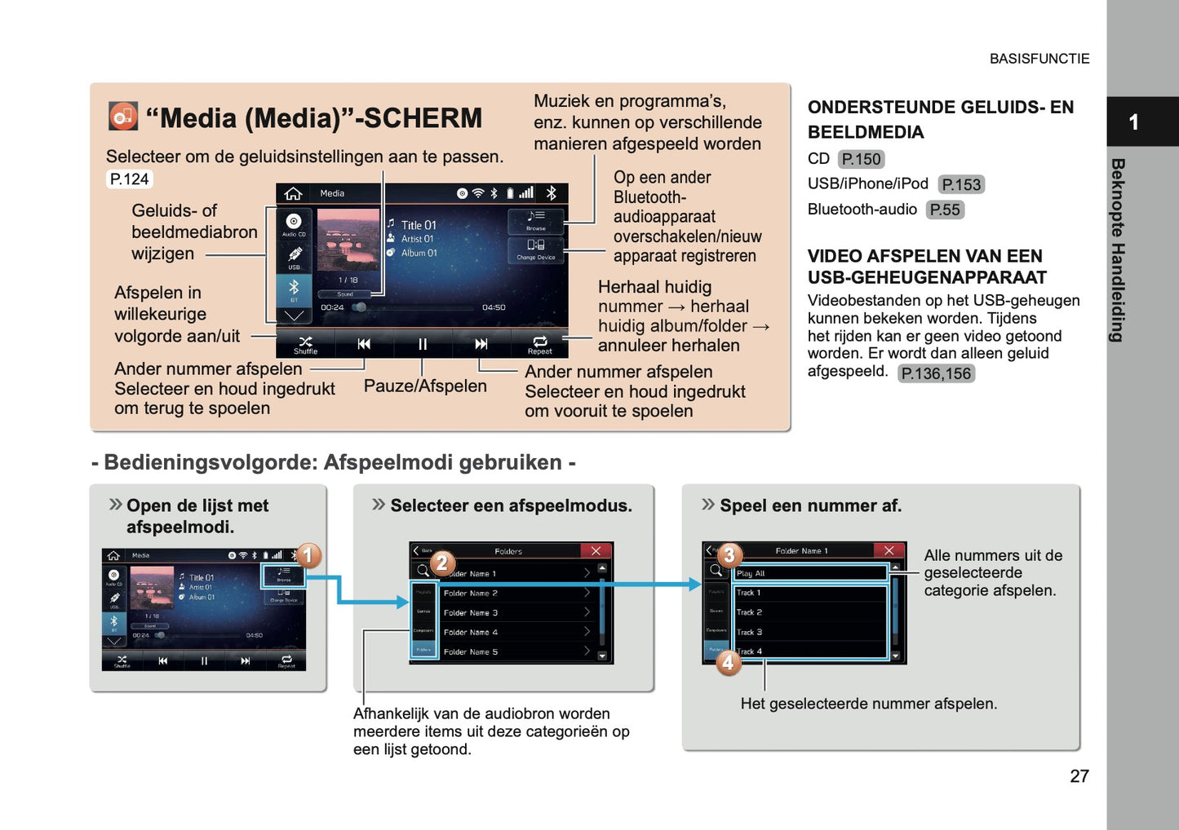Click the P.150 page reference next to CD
tap(861, 159)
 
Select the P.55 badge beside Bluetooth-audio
tap(945, 210)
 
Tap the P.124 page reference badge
tap(130, 179)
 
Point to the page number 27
tap(1079, 776)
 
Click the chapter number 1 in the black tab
tap(1133, 122)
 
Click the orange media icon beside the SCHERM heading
tap(123, 117)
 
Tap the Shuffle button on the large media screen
tap(305, 344)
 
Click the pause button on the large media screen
tap(423, 344)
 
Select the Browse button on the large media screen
tap(535, 220)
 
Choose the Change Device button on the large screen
tap(535, 249)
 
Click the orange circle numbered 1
tap(308, 556)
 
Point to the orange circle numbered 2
tap(442, 563)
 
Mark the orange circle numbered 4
tap(728, 662)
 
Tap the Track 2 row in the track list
tap(809, 611)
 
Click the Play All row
tap(809, 573)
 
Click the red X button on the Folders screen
tap(596, 551)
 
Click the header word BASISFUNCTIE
tap(1039, 59)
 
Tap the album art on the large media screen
tap(348, 240)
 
